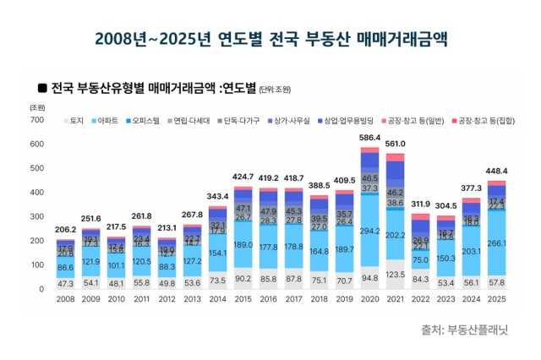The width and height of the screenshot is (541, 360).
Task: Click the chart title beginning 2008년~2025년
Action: (x=270, y=39)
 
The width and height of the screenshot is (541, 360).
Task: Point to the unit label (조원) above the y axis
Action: (x=37, y=107)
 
